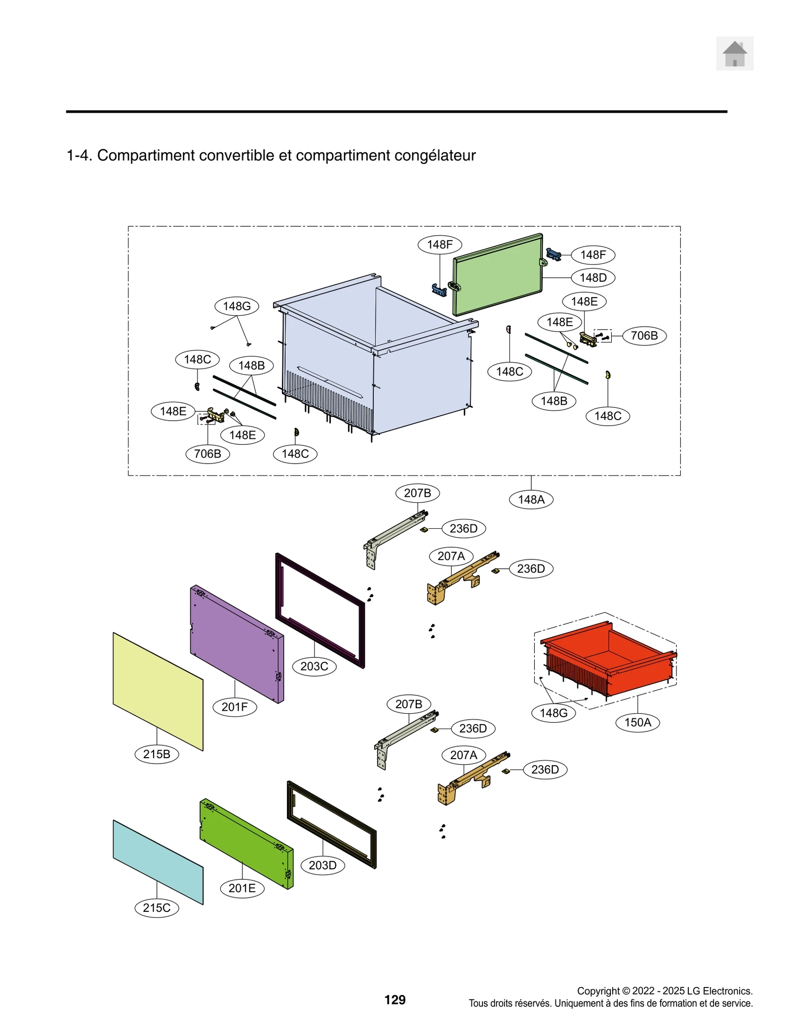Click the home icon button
(x=734, y=53)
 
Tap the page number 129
(x=395, y=999)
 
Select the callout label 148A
(x=531, y=499)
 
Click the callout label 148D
(x=592, y=277)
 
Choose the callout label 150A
(x=637, y=722)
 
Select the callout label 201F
(x=235, y=707)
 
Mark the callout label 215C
(x=157, y=907)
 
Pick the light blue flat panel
(x=157, y=861)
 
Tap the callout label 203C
(x=314, y=666)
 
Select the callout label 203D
(x=322, y=865)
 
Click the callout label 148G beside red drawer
(x=553, y=713)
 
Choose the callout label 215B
(x=157, y=754)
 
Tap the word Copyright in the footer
(x=598, y=990)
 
